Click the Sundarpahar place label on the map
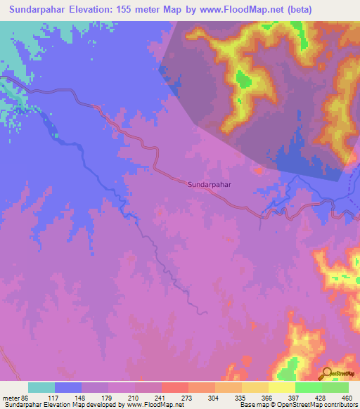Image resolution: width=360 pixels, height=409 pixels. point(210,184)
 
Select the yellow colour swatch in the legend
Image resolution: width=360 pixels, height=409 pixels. point(281,387)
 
